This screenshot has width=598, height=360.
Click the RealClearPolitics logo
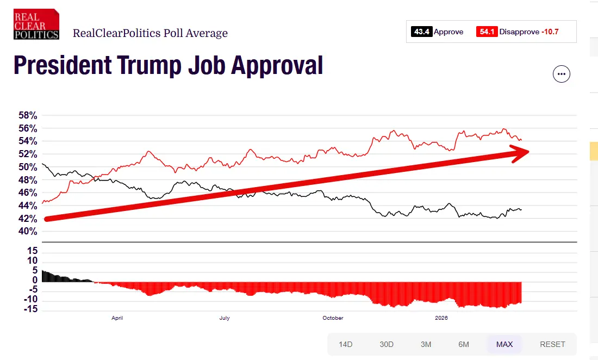click(x=36, y=24)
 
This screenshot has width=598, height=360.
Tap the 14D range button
click(x=346, y=344)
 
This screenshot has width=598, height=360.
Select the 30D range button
click(x=386, y=344)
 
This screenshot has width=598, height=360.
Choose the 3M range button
click(x=426, y=344)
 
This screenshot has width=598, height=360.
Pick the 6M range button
click(x=464, y=344)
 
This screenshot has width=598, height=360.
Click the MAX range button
click(x=504, y=344)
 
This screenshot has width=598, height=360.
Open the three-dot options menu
click(x=562, y=74)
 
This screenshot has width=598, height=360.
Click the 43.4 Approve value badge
click(x=422, y=32)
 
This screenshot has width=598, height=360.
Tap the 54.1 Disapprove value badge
click(x=486, y=32)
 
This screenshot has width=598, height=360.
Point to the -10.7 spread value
click(x=550, y=32)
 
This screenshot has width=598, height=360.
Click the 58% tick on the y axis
click(x=28, y=116)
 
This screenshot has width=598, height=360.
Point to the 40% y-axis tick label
click(x=28, y=232)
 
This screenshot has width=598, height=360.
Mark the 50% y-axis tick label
click(x=28, y=167)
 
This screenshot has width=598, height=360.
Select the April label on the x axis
click(x=117, y=318)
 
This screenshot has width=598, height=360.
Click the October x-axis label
click(x=333, y=318)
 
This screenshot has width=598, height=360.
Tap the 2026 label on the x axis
click(x=441, y=318)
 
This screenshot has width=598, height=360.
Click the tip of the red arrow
click(x=529, y=152)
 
